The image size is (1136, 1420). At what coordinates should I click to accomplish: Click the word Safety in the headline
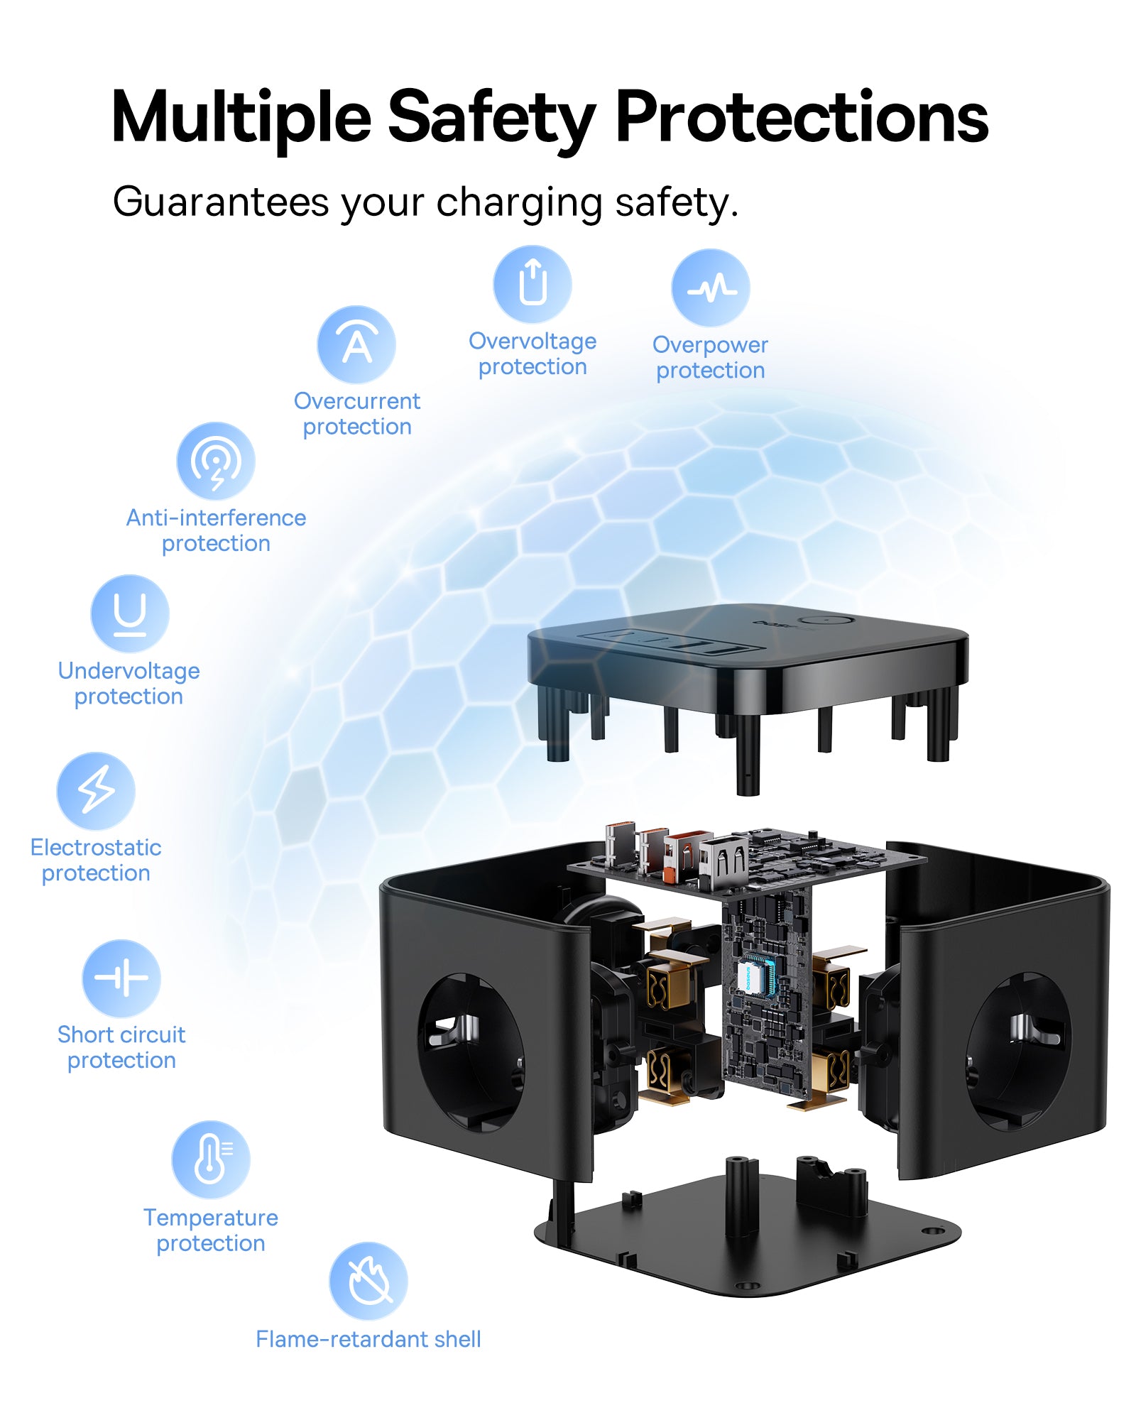pos(491,117)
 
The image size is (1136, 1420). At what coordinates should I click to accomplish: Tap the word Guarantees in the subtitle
pos(221,202)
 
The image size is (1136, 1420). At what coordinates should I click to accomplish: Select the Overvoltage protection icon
pos(532,284)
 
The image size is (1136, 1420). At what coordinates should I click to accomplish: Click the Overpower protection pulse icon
pos(711,288)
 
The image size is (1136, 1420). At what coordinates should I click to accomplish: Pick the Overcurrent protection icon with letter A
pos(356,345)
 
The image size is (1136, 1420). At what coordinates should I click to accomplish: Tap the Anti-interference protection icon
pos(216,461)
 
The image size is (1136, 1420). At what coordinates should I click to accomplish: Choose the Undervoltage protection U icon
pos(130,614)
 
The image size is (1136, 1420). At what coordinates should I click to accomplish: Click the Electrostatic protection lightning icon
pos(96,791)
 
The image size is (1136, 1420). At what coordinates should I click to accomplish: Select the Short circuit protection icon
pos(121,978)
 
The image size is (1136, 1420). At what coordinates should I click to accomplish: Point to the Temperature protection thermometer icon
pos(211,1160)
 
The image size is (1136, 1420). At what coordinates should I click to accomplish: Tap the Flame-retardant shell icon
pos(368,1282)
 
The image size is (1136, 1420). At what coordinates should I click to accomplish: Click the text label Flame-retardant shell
pos(368,1339)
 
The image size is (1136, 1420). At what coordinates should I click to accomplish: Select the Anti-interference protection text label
pos(216,530)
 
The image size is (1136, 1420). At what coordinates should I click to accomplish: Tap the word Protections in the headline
pos(802,117)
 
